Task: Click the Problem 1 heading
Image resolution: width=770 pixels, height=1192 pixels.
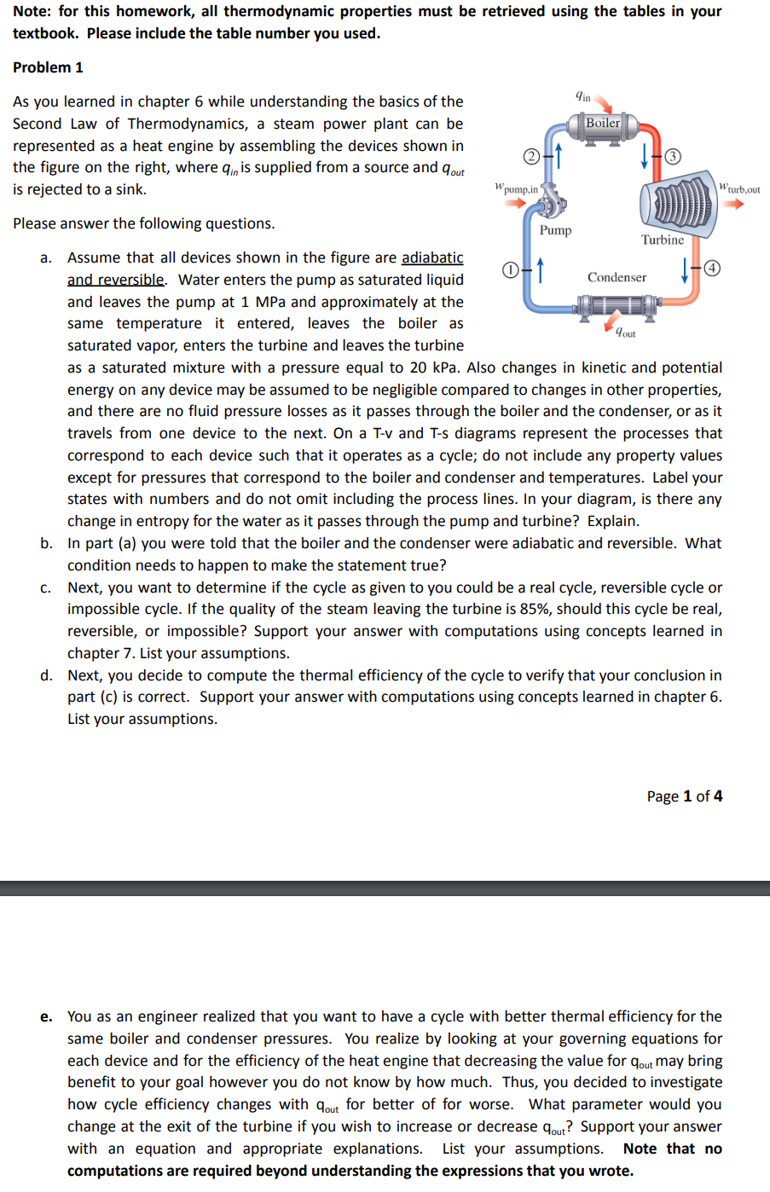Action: (x=48, y=67)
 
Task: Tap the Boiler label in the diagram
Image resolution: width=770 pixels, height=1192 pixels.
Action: (x=603, y=123)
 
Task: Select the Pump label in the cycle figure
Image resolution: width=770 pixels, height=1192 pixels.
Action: (x=555, y=230)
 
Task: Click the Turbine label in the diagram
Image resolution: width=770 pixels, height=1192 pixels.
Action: (x=663, y=240)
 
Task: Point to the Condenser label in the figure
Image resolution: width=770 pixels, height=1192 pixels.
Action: (x=617, y=278)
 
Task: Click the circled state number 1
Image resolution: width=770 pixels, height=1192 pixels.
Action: (x=510, y=270)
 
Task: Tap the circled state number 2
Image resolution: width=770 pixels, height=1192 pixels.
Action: (x=532, y=156)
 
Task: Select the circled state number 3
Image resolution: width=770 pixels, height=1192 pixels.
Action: (x=674, y=156)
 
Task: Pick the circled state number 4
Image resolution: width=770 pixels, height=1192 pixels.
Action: (x=712, y=269)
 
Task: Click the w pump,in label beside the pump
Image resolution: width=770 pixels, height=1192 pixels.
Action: (x=517, y=188)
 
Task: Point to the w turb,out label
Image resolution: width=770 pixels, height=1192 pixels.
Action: (x=739, y=188)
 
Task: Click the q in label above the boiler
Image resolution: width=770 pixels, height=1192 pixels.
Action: (x=582, y=96)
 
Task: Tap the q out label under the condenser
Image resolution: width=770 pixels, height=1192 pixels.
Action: (x=626, y=333)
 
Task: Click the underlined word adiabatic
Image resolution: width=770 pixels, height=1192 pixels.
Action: (x=432, y=257)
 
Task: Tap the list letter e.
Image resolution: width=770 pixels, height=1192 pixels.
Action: (x=46, y=1016)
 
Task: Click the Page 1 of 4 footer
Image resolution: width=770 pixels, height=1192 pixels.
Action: (x=684, y=796)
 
